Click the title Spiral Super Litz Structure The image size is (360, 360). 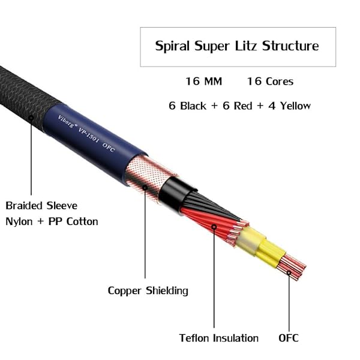(237, 46)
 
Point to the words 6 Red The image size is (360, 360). (240, 106)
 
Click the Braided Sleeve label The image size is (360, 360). (41, 205)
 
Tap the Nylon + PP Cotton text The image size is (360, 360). (52, 221)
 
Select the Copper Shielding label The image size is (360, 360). (148, 290)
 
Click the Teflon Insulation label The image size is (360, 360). (219, 338)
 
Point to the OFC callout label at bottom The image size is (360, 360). (288, 338)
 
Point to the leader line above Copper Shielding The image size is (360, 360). (145, 240)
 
